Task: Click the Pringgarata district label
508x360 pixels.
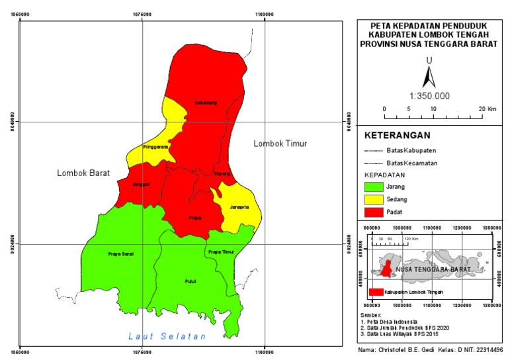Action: pos(155,147)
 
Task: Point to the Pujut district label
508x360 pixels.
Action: pos(190,282)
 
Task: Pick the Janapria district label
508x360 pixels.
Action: pos(239,207)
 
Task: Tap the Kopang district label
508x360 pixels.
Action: pos(223,174)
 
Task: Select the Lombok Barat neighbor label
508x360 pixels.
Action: pos(83,173)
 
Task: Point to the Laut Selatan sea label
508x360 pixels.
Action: pos(167,337)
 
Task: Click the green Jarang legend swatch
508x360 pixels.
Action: pos(379,187)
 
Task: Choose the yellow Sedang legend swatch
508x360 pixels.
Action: pos(379,199)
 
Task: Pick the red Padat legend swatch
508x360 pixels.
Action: pos(379,212)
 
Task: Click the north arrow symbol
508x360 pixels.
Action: pos(429,78)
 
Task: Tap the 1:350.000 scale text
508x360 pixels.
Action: pos(429,95)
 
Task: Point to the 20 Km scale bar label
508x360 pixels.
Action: pos(487,109)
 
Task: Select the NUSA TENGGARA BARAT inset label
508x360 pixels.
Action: pos(433,270)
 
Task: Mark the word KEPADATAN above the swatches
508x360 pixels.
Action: pos(386,175)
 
